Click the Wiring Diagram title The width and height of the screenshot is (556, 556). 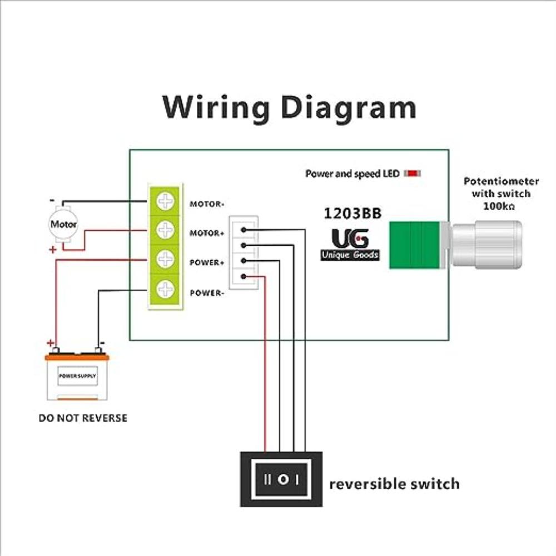[289, 107]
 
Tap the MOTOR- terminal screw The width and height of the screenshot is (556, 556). [165, 201]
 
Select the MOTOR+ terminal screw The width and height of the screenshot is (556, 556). [165, 229]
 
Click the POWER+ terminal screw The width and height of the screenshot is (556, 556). [165, 259]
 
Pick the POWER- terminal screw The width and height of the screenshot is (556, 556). [165, 289]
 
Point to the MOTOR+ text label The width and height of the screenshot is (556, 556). [206, 234]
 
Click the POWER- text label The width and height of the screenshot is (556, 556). [206, 293]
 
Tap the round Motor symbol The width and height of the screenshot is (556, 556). [63, 225]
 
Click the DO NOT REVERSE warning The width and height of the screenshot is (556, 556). [83, 418]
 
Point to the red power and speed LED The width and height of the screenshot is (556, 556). [412, 173]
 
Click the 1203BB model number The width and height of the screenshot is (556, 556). [353, 214]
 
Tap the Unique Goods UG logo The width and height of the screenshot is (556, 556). [350, 245]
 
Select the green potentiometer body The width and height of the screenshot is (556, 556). [413, 245]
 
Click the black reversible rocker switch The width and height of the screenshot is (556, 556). [281, 478]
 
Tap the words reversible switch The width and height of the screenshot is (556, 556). [394, 484]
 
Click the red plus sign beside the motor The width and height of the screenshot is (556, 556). [53, 250]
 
